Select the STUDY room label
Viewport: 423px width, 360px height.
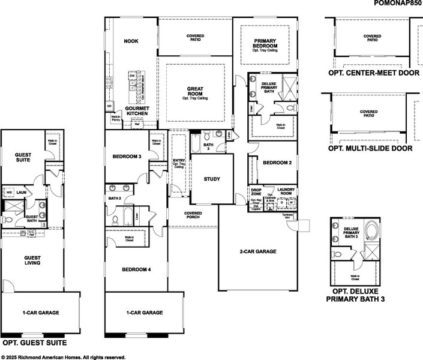[212, 179]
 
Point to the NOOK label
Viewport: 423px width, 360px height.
[131, 41]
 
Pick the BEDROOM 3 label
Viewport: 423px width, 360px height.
[127, 157]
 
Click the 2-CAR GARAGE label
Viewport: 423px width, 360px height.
[258, 251]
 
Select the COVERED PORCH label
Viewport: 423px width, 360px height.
[193, 215]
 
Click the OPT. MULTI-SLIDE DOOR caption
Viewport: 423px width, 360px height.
[370, 148]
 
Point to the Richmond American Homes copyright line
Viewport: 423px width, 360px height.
[63, 356]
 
